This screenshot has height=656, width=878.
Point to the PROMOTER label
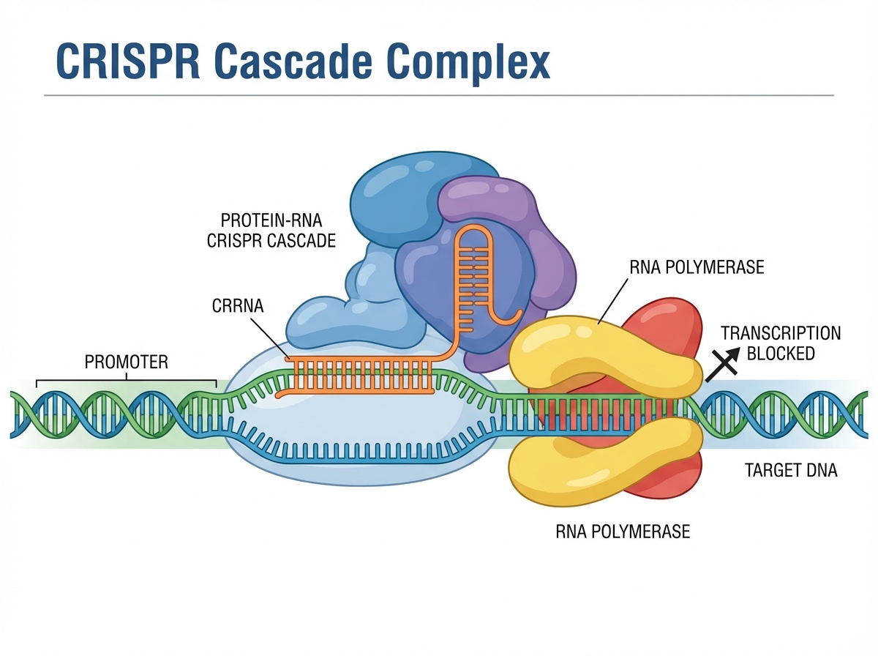click(x=127, y=362)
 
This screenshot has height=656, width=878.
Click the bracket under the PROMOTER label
click(x=127, y=381)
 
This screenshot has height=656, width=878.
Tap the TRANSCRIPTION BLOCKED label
click(x=781, y=343)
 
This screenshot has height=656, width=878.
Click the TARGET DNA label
click(x=790, y=471)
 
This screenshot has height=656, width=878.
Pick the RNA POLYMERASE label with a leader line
click(x=696, y=267)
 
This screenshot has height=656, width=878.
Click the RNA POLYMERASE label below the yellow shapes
click(x=623, y=531)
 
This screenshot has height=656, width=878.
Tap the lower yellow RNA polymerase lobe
click(x=600, y=458)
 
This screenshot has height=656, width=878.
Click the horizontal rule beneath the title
click(x=439, y=95)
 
